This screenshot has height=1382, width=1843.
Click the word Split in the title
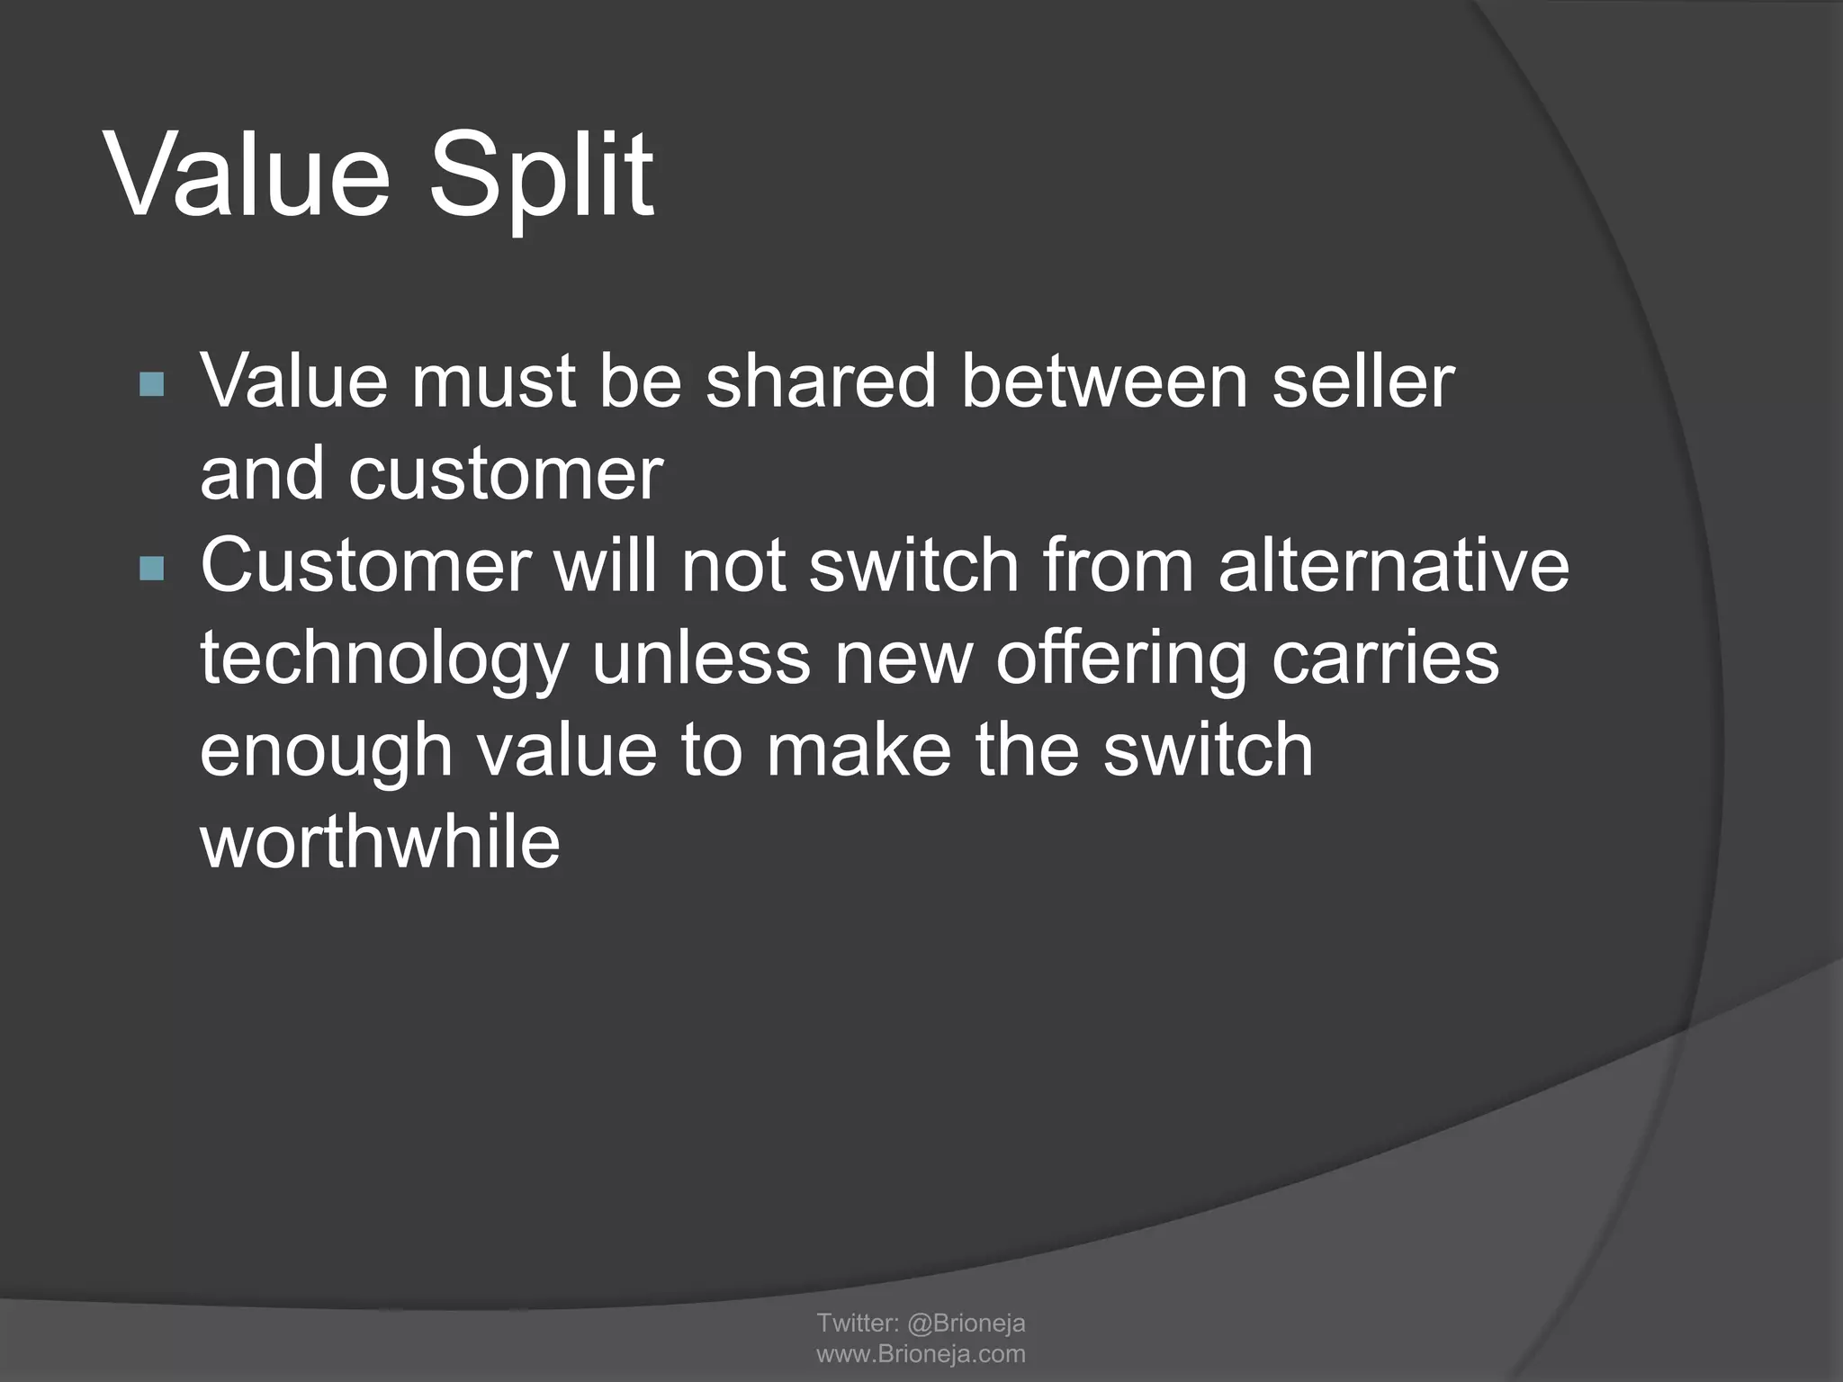point(540,175)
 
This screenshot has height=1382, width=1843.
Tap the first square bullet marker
point(152,385)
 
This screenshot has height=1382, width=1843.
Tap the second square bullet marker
point(152,569)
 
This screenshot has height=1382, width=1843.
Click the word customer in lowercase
point(506,473)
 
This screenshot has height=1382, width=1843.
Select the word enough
point(326,753)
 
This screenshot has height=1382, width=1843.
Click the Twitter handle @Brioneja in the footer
point(966,1323)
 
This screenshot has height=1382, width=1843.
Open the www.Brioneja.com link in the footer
point(921,1353)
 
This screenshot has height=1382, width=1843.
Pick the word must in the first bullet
point(492,381)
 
